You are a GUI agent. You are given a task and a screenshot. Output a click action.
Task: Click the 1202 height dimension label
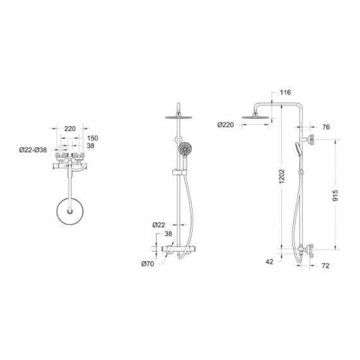click(x=282, y=176)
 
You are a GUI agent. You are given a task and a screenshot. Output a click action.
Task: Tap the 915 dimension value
click(x=335, y=195)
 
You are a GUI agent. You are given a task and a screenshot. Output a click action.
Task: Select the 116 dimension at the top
click(x=285, y=92)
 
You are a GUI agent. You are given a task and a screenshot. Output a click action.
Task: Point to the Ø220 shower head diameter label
click(x=225, y=125)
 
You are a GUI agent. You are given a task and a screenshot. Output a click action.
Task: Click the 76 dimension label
click(x=326, y=127)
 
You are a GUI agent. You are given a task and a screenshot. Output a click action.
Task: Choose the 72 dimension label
click(x=325, y=266)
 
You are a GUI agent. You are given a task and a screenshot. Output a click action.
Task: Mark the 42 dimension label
click(x=270, y=261)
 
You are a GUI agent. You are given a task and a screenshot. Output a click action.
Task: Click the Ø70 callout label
click(x=148, y=264)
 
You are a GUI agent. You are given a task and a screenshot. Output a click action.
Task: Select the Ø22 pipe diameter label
click(x=159, y=225)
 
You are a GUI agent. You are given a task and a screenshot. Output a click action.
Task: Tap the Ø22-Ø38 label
click(x=33, y=150)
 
